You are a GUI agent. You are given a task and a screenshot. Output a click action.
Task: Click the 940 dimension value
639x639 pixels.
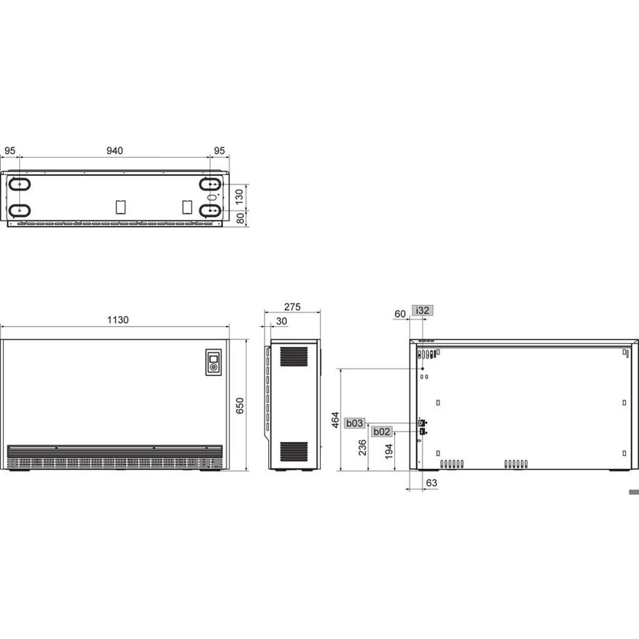click(114, 151)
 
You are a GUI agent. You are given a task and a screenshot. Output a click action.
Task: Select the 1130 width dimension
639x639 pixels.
click(118, 320)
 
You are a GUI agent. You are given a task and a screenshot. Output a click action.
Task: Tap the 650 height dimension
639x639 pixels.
click(240, 405)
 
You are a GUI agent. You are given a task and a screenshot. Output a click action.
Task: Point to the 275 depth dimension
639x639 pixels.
click(292, 307)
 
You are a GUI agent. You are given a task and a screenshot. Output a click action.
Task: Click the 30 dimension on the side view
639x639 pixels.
click(281, 321)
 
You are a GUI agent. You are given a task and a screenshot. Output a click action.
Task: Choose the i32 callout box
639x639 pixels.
click(422, 311)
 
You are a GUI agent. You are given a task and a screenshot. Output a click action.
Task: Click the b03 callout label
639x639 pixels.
click(355, 423)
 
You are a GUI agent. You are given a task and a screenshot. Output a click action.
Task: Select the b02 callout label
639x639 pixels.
click(382, 432)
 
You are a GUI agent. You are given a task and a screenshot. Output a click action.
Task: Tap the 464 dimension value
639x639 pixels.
click(335, 420)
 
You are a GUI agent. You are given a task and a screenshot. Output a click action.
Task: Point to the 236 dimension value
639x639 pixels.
click(362, 448)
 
